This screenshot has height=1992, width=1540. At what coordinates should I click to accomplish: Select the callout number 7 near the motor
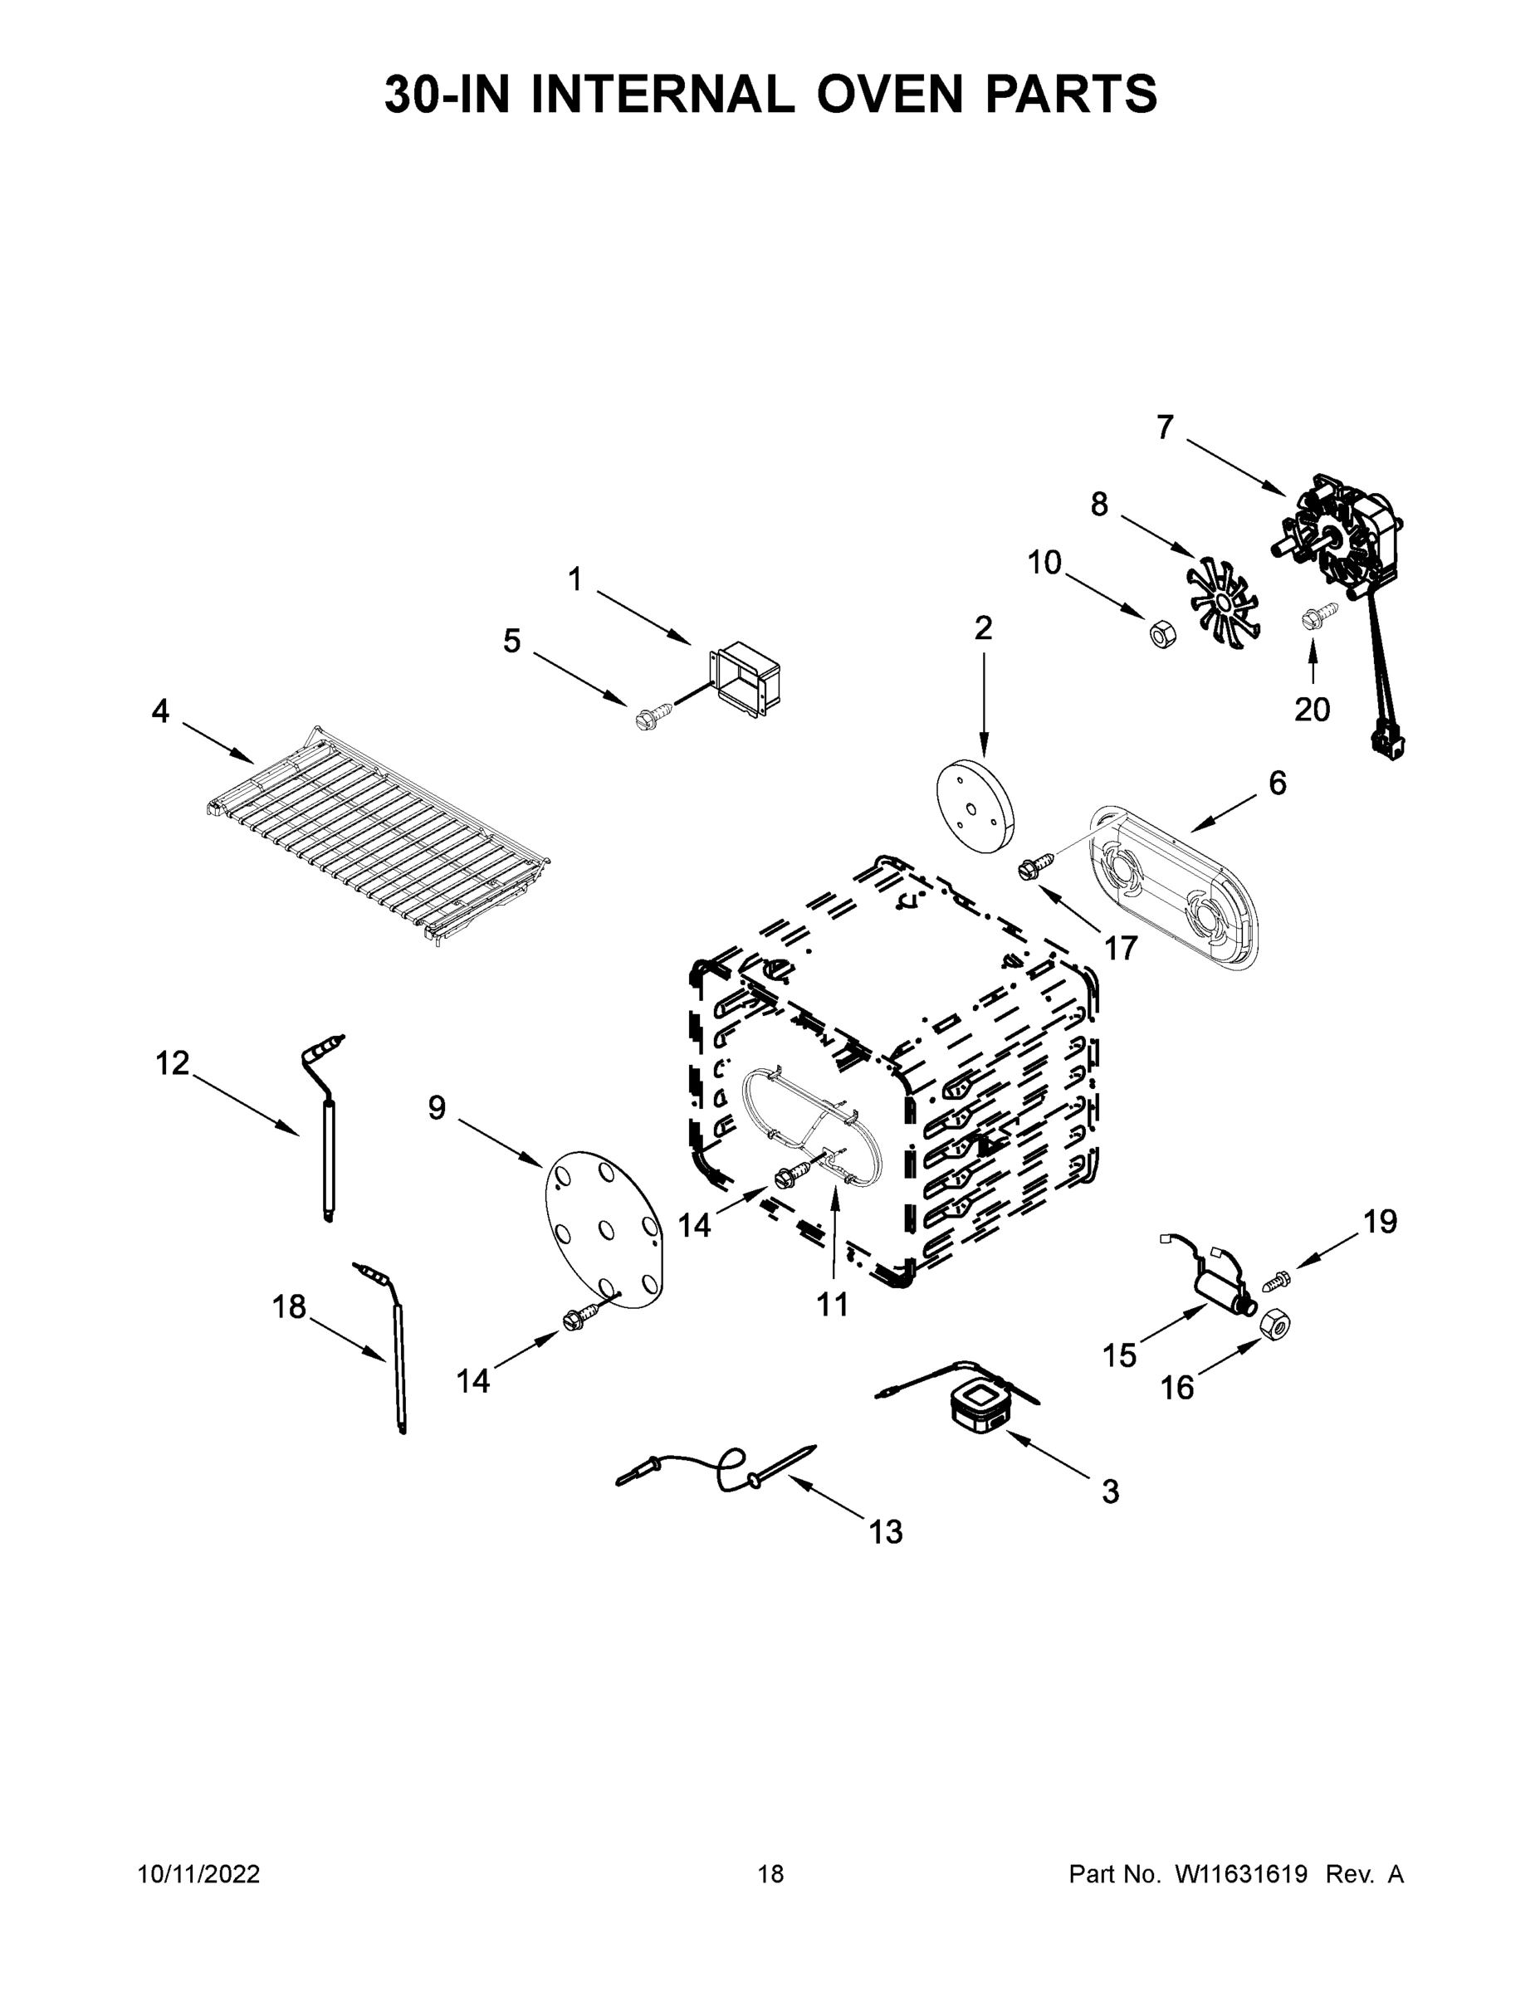pos(1165,427)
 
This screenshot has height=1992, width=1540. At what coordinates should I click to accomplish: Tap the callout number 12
pos(173,1062)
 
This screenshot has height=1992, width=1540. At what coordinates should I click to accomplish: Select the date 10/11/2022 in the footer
pos(199,1873)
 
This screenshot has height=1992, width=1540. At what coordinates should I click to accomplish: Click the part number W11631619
pos(1241,1873)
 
